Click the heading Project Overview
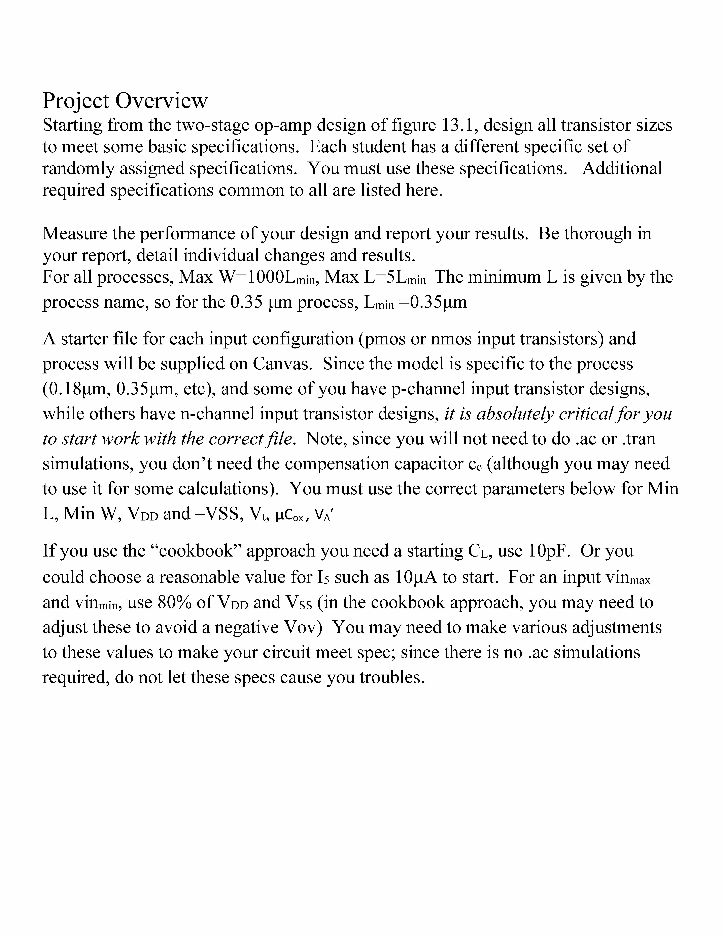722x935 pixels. (x=125, y=101)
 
